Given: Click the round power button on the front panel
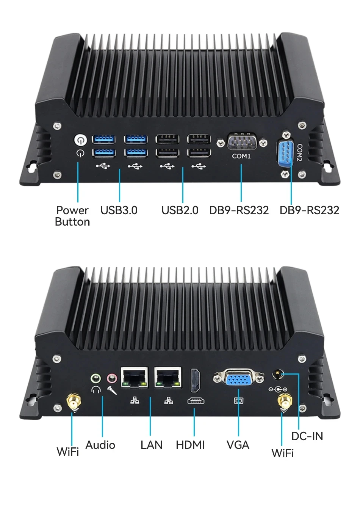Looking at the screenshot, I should coord(80,140).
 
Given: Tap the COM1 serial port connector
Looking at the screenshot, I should coord(242,142).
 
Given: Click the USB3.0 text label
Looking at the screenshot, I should coord(119,210).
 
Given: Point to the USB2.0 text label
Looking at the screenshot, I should coord(180,210).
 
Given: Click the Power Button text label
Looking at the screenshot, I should coord(72,216).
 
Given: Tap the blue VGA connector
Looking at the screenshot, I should coord(238,378).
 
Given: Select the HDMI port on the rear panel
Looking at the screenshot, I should coord(196,380).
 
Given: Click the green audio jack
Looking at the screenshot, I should coord(95,378).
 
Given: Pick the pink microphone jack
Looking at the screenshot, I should coord(111,378).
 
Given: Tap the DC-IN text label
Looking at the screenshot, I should coord(307,436).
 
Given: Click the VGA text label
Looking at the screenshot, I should coord(238,445).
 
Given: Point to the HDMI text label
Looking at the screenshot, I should coord(190,445).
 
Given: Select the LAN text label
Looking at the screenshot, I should coord(151,445).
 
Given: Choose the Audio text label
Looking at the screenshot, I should coord(100,445).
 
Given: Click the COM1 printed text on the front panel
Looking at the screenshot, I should coord(241,156).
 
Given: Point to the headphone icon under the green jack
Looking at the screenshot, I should coord(96,389).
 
